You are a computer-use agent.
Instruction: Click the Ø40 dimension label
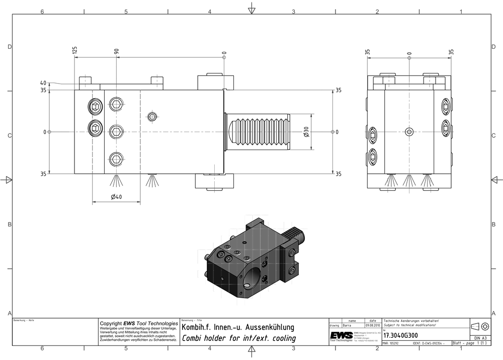point(116,197)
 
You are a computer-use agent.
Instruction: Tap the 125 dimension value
point(75,50)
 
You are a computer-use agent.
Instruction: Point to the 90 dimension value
point(116,51)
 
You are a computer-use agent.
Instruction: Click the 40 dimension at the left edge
point(43,83)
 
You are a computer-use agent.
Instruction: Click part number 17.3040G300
point(401,335)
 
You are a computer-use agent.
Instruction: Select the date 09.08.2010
point(373,326)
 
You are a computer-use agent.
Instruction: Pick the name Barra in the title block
point(348,326)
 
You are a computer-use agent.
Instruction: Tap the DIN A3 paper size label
point(480,338)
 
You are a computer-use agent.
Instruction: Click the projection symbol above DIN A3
point(480,325)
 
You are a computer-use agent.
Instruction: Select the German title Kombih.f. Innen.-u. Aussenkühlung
point(238,328)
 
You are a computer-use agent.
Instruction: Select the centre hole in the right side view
point(409,132)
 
